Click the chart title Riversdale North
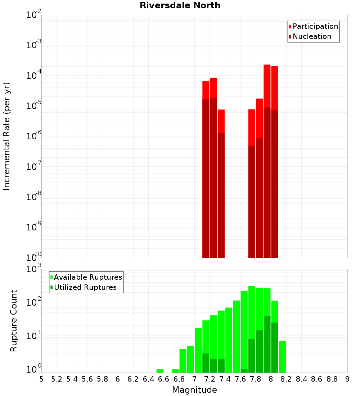pos(180,5)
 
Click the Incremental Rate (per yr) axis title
pos(7,136)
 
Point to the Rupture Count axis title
pos(14,320)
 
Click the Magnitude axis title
pos(194,390)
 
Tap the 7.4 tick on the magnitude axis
pos(225,379)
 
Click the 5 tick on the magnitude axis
pos(41,379)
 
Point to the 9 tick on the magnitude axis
pos(347,379)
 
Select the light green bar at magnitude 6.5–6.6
pos(160,371)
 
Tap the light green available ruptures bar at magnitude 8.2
pos(282,356)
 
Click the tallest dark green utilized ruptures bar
pos(267,344)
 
